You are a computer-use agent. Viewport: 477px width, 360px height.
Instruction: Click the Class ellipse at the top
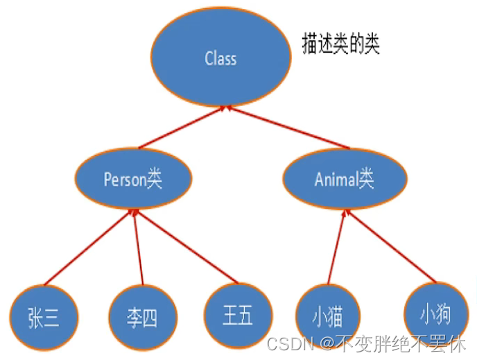pyautogui.click(x=221, y=58)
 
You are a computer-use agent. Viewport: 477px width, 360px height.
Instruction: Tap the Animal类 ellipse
pyautogui.click(x=345, y=179)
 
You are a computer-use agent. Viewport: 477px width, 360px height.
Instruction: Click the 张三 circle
pyautogui.click(x=44, y=318)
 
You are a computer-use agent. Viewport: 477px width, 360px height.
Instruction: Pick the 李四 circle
pyautogui.click(x=142, y=318)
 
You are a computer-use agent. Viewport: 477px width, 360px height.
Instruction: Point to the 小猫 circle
pyautogui.click(x=328, y=317)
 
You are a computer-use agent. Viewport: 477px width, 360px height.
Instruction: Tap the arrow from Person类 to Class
pyautogui.click(x=182, y=127)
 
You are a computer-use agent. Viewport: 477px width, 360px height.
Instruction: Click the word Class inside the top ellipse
pyautogui.click(x=221, y=58)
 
